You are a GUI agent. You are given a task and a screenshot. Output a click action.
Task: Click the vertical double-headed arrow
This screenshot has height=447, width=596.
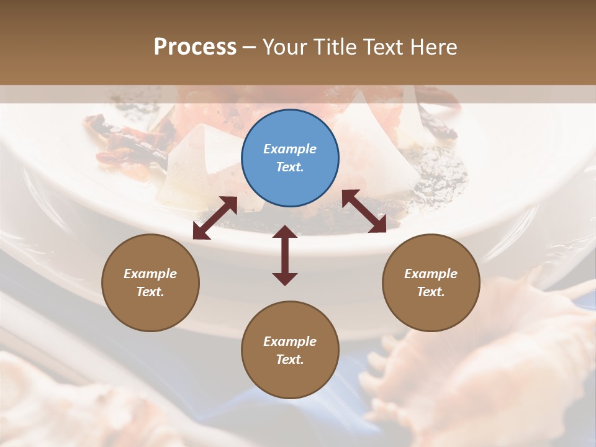click(285, 256)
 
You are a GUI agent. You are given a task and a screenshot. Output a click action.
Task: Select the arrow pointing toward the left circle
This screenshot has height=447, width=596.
click(215, 218)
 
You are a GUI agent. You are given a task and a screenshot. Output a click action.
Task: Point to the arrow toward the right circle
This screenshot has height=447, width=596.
click(364, 211)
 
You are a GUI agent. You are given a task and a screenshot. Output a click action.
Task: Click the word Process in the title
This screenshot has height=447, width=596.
click(195, 47)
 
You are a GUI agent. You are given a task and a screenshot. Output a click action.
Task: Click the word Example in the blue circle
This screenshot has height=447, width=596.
click(290, 149)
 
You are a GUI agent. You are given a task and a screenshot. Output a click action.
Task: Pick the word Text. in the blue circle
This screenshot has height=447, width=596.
click(290, 167)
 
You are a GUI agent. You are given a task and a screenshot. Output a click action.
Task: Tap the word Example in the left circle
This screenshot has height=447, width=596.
click(150, 274)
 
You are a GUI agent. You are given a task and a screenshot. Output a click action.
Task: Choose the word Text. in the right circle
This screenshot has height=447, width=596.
click(431, 292)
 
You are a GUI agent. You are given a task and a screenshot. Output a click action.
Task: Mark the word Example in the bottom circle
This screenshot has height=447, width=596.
click(290, 341)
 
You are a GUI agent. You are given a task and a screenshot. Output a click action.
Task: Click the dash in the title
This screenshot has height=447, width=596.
click(249, 47)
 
